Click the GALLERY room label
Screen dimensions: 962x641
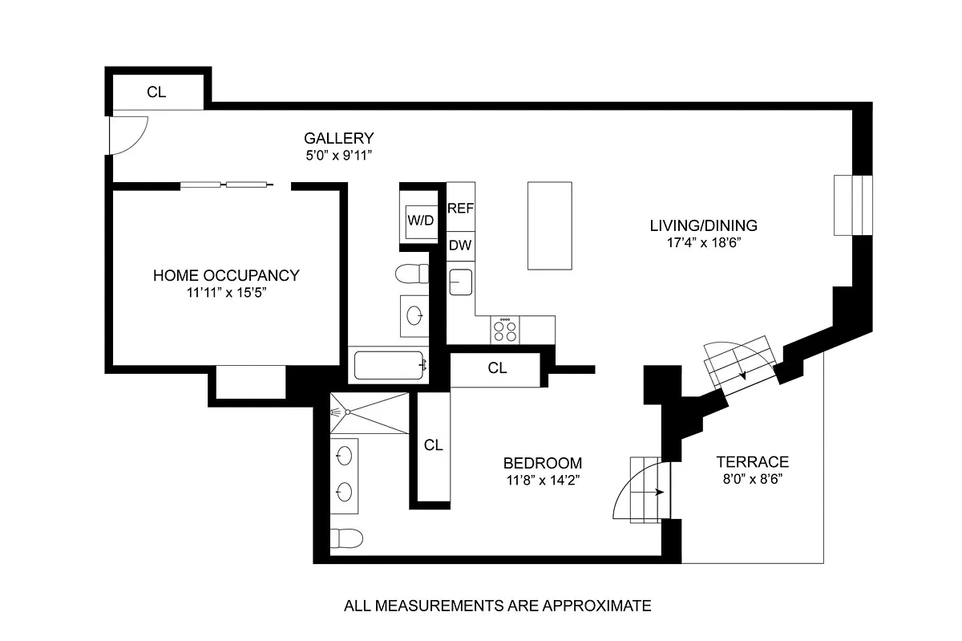point(339,139)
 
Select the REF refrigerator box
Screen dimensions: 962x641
point(460,207)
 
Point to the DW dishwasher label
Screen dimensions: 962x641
point(460,245)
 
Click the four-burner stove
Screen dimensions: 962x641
point(505,331)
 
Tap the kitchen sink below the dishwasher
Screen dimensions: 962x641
point(460,282)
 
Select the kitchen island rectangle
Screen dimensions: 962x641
point(550,225)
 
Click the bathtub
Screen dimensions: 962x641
point(389,365)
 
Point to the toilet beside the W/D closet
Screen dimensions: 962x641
point(412,274)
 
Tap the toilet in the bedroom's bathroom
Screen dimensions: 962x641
point(346,538)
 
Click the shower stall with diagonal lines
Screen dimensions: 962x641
point(370,413)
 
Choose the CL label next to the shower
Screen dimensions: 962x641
point(433,445)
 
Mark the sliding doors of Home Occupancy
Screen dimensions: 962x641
point(226,185)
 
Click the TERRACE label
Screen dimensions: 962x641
point(753,462)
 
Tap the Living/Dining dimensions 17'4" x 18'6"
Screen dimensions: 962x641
point(704,243)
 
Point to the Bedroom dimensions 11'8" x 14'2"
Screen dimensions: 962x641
point(543,481)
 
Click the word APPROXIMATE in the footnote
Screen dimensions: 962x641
point(597,606)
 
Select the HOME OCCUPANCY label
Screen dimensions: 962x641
point(226,276)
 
